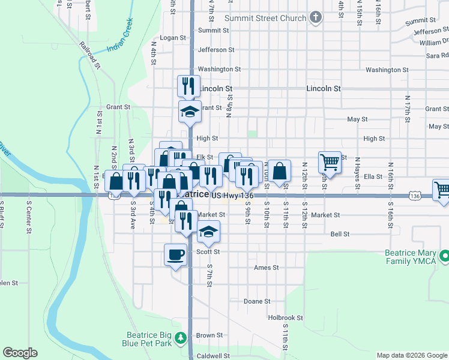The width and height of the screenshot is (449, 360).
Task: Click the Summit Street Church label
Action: (x=265, y=18)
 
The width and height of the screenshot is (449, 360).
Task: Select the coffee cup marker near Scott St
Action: (x=175, y=254)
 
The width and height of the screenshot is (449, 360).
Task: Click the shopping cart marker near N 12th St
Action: (x=330, y=161)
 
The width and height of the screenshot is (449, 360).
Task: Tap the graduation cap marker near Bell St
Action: (x=208, y=232)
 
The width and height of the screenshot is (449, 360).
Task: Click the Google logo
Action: (x=20, y=353)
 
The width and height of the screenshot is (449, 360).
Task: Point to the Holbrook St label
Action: (x=286, y=317)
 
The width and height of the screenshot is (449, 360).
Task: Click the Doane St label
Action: (x=258, y=301)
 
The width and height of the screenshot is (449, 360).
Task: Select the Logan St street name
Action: (x=173, y=37)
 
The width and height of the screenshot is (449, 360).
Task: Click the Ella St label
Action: (x=373, y=176)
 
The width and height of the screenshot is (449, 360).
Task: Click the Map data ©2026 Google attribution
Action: (x=411, y=355)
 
